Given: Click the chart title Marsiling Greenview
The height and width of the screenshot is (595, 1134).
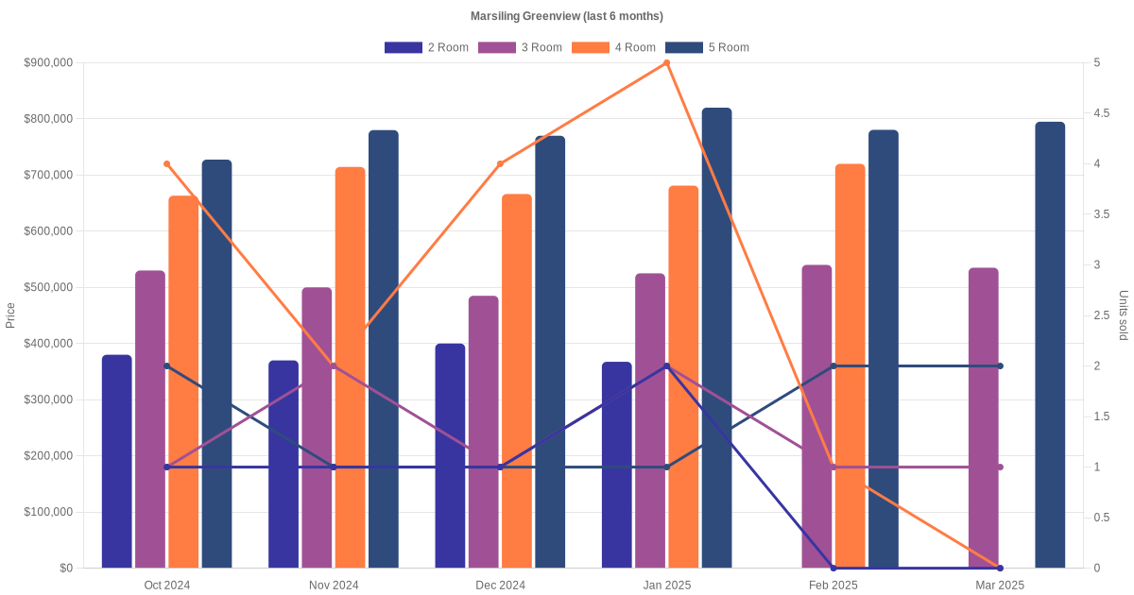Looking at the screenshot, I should tap(567, 16).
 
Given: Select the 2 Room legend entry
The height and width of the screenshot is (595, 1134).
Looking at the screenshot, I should tap(426, 47).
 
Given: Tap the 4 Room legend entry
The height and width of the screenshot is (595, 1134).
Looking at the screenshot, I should tap(613, 47).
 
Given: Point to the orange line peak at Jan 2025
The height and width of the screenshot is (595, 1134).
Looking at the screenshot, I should tap(667, 63).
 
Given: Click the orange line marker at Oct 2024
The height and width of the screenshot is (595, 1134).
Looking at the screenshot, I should tap(167, 164).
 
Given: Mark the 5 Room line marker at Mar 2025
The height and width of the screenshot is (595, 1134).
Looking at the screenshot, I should tap(1000, 366).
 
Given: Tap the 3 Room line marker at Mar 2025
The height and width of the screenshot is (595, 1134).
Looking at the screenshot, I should tap(1000, 467).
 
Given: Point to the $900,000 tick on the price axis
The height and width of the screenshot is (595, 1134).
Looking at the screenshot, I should tap(48, 63).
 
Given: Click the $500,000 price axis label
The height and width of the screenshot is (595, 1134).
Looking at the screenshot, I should tap(48, 287).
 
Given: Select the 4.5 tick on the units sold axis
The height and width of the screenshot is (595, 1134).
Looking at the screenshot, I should tap(1101, 113).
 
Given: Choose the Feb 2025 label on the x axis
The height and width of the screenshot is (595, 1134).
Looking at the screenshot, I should tap(833, 586).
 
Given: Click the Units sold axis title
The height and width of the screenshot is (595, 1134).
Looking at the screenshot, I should tap(1124, 315).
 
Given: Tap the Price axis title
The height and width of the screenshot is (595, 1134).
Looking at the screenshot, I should tap(10, 315).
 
